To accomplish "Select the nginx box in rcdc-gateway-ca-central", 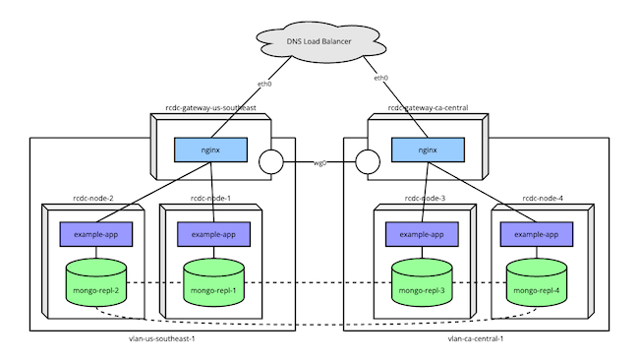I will point(428,150).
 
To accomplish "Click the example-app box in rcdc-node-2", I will point(94,234).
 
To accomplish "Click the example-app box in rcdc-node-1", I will point(211,234).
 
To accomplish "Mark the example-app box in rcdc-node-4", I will point(537,234).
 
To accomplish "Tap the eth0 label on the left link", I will point(263,85).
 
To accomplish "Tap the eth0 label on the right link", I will point(380,78).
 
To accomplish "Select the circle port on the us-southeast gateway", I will point(271,161).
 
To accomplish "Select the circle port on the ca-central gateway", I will point(368,161).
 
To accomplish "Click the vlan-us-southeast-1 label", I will point(163,338).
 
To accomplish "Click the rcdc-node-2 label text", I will point(90,199).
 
